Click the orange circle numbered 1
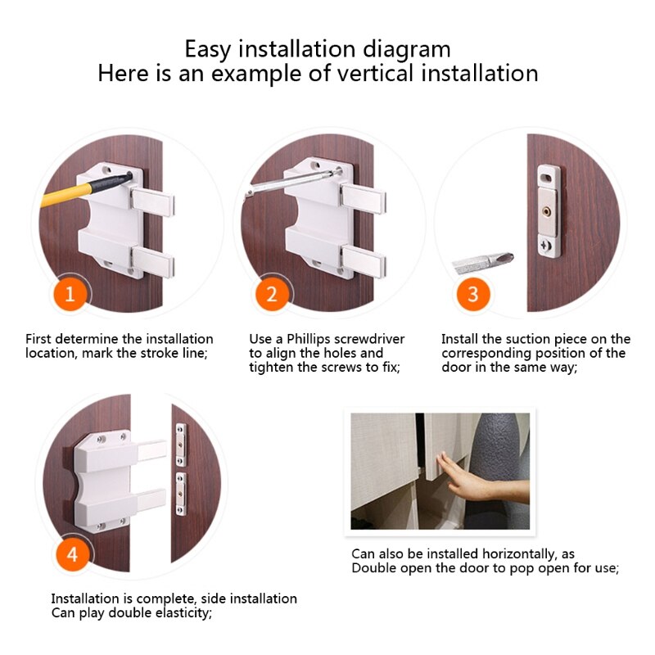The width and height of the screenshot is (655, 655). click(x=70, y=295)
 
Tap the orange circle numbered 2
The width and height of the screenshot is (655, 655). click(x=273, y=295)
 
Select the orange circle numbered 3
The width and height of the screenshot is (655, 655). click(x=473, y=295)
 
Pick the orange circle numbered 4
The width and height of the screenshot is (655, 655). click(x=73, y=554)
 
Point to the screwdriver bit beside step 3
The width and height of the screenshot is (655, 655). click(x=483, y=263)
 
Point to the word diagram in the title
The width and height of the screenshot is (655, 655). click(x=409, y=48)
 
